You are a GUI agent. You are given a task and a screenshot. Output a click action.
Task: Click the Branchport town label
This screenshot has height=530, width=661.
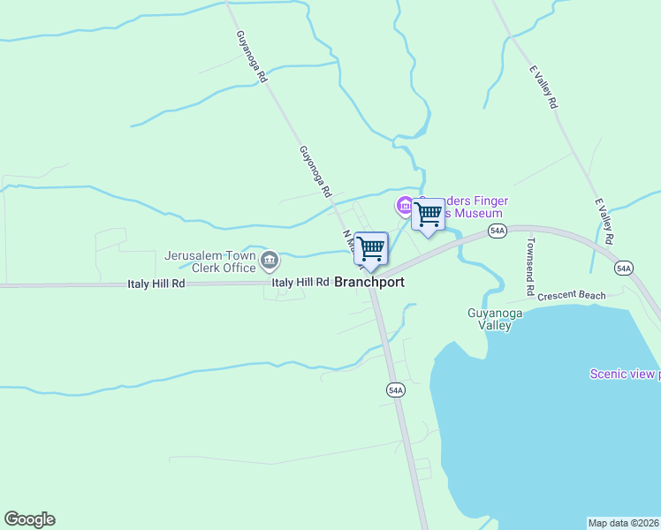369,283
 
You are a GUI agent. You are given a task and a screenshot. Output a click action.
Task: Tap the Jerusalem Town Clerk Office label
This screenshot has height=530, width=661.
209,261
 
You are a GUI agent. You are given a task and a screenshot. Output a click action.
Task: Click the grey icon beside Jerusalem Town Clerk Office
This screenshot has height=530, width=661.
270,261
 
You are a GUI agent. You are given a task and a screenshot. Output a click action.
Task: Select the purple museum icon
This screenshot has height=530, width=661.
405,206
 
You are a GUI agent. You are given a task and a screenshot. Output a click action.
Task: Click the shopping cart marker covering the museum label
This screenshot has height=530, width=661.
429,215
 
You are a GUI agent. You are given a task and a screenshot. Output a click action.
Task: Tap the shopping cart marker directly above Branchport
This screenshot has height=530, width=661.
371,248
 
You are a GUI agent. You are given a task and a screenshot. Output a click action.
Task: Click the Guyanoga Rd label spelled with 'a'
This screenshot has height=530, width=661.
251,57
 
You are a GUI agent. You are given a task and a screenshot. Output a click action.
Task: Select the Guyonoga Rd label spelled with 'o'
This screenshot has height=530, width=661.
314,170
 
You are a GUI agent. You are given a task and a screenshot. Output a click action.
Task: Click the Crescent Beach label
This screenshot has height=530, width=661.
571,296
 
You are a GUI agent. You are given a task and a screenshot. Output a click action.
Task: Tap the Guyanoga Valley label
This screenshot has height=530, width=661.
490,319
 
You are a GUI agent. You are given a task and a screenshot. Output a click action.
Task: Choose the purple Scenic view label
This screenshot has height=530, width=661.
624,374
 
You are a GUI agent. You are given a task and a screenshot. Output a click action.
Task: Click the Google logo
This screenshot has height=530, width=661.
29,519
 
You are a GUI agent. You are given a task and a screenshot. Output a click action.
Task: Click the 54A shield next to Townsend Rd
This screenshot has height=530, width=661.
498,231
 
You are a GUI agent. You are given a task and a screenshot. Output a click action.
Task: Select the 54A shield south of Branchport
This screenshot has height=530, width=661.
395,389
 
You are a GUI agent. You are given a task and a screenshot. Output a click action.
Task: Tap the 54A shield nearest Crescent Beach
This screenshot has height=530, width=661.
624,268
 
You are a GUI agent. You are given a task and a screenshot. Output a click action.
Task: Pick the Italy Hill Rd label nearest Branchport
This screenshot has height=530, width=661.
300,283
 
